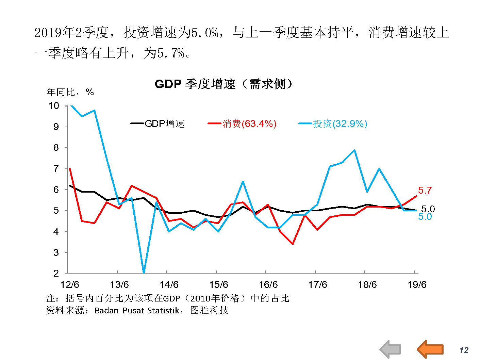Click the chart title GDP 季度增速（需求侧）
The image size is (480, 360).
pos(223,84)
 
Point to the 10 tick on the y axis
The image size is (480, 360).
pos(54,106)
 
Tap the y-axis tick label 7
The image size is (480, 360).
pos(56,169)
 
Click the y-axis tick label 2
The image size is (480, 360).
pos(56,273)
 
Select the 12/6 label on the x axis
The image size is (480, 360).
pos(70,284)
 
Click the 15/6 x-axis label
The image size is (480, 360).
pos(219,284)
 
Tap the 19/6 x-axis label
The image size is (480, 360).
pos(417,284)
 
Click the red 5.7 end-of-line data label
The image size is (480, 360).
pos(425,191)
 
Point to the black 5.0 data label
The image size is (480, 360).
pos(428,209)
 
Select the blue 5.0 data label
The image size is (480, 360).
pos(425,217)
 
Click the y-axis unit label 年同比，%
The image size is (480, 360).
pos(70,92)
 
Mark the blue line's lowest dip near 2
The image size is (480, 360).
pos(144,272)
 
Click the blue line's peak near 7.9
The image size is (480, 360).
pos(354,150)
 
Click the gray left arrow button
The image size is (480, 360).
pos(391,349)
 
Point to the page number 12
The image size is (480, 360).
pos(464,350)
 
